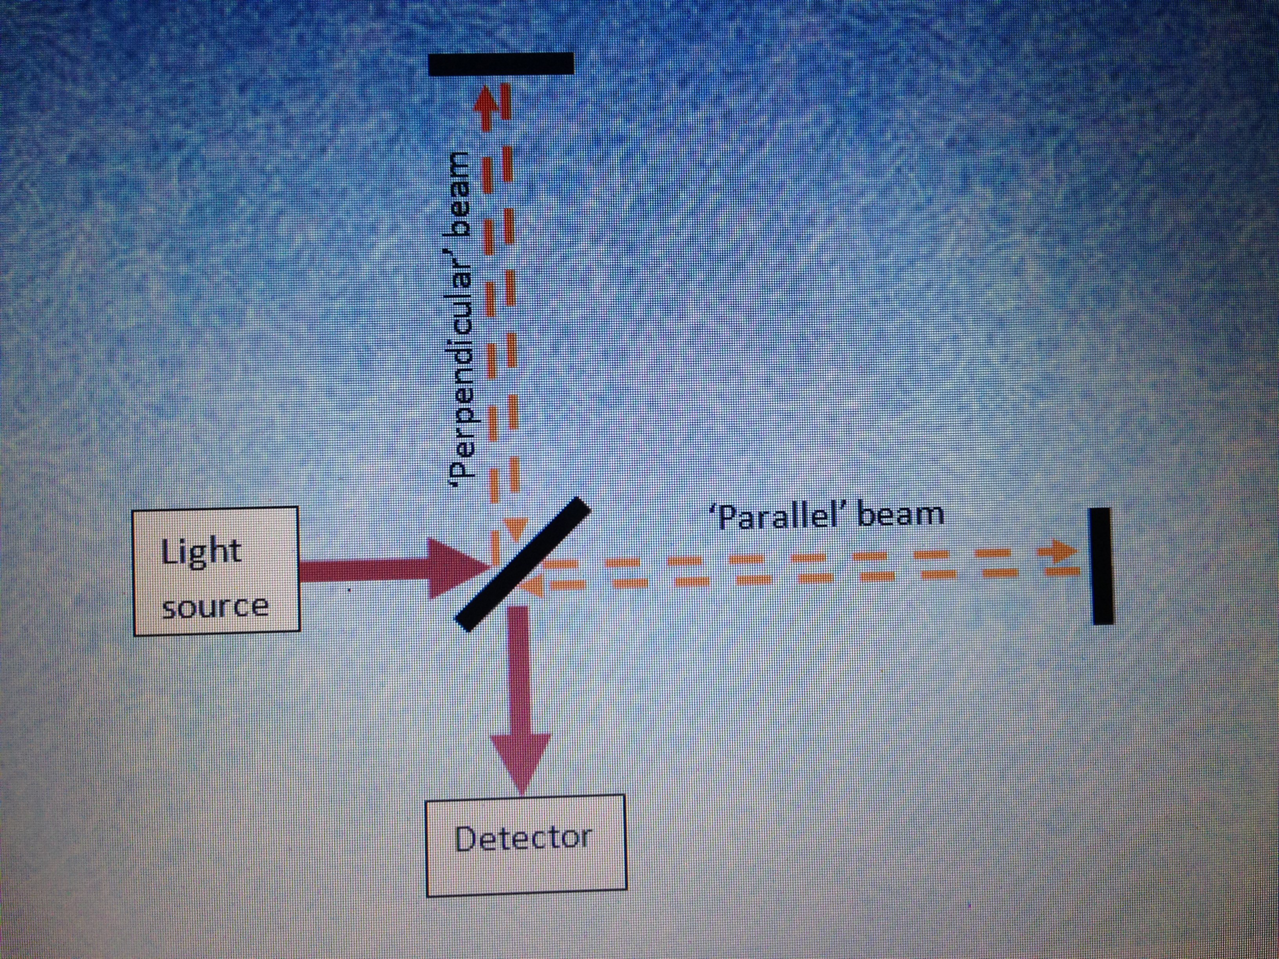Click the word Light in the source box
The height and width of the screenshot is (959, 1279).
[x=201, y=552]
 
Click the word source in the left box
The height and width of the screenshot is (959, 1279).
[x=215, y=607]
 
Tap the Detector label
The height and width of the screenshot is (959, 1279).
[x=523, y=838]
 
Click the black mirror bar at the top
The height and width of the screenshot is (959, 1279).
[x=501, y=63]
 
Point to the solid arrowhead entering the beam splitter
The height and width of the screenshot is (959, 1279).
[x=457, y=568]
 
